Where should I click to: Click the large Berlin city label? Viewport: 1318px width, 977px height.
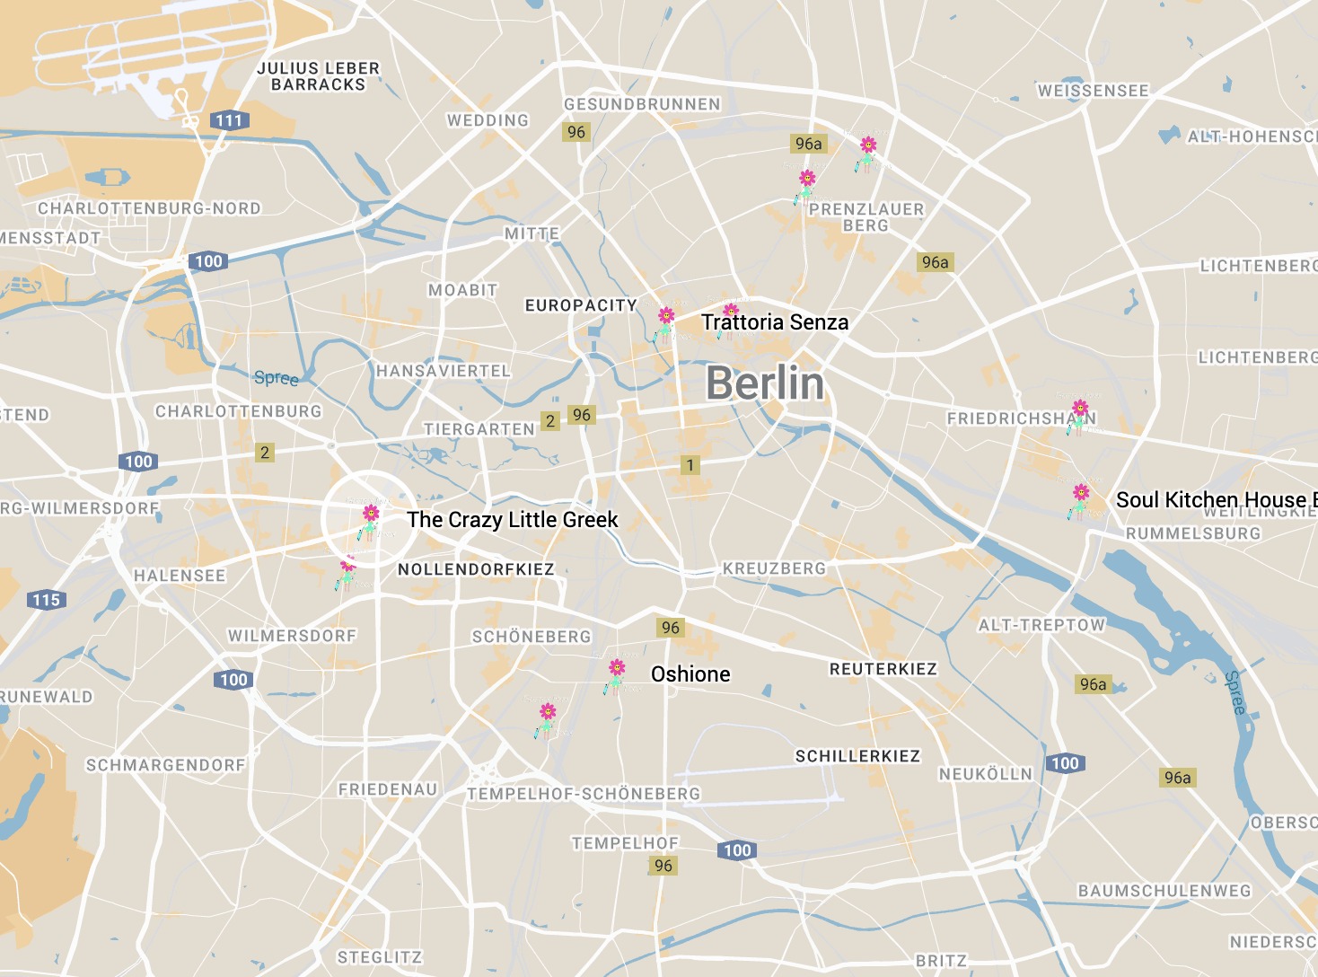click(x=764, y=383)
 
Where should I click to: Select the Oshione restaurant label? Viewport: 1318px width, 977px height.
click(x=690, y=674)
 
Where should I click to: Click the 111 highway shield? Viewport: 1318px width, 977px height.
click(x=228, y=120)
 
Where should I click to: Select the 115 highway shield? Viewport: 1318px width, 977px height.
click(x=47, y=600)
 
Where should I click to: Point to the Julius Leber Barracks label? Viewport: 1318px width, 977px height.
click(x=318, y=76)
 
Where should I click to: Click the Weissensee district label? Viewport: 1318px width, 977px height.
click(x=1093, y=91)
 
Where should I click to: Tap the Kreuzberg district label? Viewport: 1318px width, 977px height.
click(x=774, y=568)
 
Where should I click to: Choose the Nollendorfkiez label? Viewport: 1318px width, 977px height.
click(x=476, y=569)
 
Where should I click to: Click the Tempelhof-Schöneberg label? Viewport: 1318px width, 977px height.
click(x=584, y=794)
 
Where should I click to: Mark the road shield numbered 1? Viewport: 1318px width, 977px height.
click(x=690, y=465)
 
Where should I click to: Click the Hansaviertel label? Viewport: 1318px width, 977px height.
click(x=443, y=371)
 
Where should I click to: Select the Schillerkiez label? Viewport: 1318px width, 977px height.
click(x=857, y=756)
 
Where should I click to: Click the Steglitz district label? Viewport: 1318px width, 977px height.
click(x=379, y=957)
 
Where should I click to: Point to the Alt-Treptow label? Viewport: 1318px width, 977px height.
click(x=1041, y=625)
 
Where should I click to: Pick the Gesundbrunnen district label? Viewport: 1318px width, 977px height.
click(x=641, y=104)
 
